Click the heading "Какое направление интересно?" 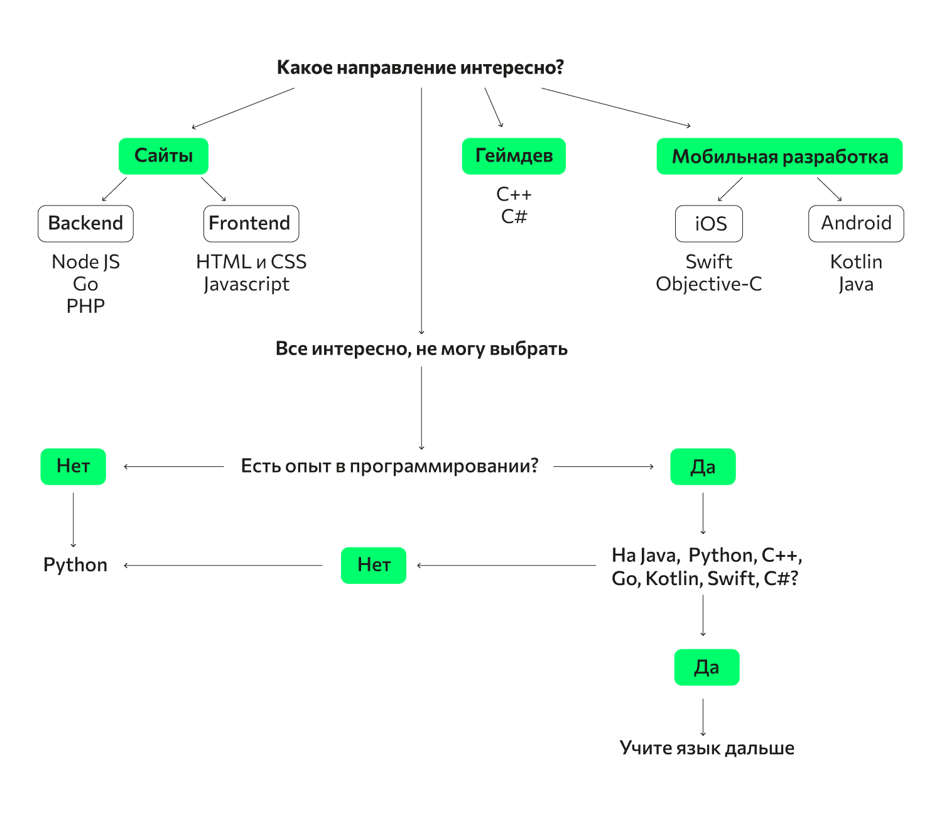420,67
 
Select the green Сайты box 163,156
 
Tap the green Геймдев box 514,156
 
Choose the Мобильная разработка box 779,156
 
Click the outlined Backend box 85,224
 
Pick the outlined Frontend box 251,224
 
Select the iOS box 709,224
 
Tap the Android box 856,224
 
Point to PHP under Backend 85,306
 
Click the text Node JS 85,261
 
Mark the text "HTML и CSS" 251,261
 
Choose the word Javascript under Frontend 247,284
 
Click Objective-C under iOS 708,284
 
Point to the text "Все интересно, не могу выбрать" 421,349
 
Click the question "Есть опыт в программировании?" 389,466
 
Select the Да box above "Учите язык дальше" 706,667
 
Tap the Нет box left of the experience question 73,466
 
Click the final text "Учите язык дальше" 706,748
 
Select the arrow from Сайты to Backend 114,189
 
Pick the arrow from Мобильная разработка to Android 829,189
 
